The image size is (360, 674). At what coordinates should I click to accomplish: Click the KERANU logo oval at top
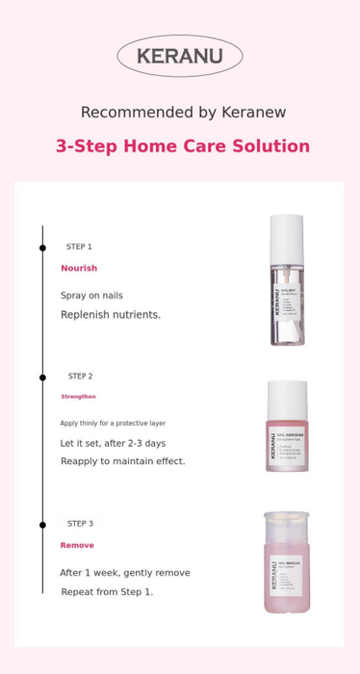click(179, 56)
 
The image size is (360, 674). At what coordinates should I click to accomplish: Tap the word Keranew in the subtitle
click(253, 113)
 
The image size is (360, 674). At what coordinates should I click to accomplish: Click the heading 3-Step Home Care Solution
click(183, 146)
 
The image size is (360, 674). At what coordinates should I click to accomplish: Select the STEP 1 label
click(79, 246)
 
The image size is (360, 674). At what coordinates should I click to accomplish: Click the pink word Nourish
click(79, 268)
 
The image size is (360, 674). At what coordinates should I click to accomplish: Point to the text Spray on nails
click(91, 296)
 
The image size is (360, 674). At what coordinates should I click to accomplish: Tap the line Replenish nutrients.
click(111, 315)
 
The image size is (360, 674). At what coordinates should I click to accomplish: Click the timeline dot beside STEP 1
click(42, 247)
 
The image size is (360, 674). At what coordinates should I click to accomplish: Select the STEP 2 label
click(80, 376)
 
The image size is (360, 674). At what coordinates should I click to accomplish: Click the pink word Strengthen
click(78, 397)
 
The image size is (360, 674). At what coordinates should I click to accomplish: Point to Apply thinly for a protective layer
click(113, 423)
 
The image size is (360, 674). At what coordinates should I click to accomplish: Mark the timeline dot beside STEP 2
click(42, 376)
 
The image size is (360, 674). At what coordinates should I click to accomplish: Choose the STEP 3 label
click(80, 524)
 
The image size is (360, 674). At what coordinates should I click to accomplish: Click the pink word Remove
click(77, 545)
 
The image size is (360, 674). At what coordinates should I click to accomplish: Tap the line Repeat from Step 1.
click(107, 591)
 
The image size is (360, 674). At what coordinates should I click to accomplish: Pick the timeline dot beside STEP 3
click(42, 525)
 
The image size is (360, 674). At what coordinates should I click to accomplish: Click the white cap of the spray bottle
click(286, 234)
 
